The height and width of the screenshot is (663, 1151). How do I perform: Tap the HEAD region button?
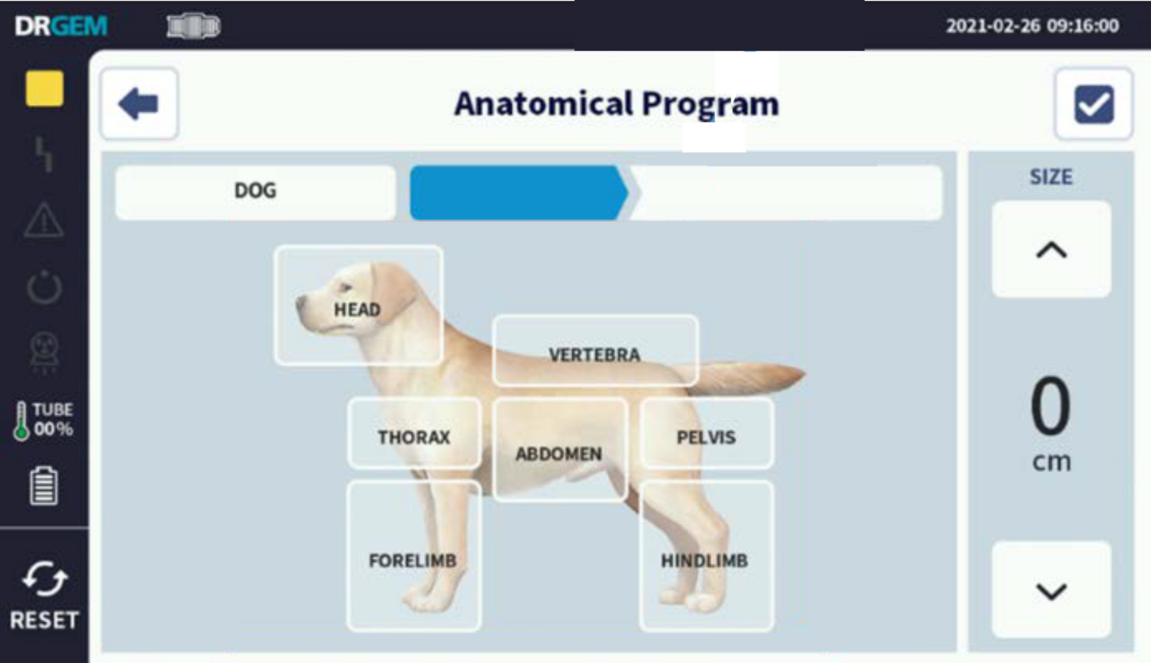point(358,306)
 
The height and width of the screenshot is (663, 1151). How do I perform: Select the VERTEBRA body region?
point(595,351)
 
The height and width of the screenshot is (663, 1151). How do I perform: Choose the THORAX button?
point(414,433)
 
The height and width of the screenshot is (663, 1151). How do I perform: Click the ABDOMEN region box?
point(559,450)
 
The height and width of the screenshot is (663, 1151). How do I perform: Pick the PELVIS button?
point(707,433)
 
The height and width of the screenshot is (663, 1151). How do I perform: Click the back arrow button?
point(139,104)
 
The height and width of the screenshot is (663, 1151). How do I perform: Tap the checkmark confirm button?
point(1094,104)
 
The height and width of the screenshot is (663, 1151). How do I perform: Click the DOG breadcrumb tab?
point(256,192)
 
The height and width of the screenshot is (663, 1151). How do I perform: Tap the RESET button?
point(44,598)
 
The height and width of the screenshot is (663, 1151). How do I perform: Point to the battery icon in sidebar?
point(44,486)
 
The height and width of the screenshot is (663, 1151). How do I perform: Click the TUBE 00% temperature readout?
point(45,420)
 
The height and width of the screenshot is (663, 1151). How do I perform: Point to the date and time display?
point(1032,25)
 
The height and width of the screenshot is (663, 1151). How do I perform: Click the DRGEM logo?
point(61,25)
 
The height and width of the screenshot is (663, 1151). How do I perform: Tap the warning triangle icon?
point(44,220)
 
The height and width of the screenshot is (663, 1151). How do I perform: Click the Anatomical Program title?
point(616,104)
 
